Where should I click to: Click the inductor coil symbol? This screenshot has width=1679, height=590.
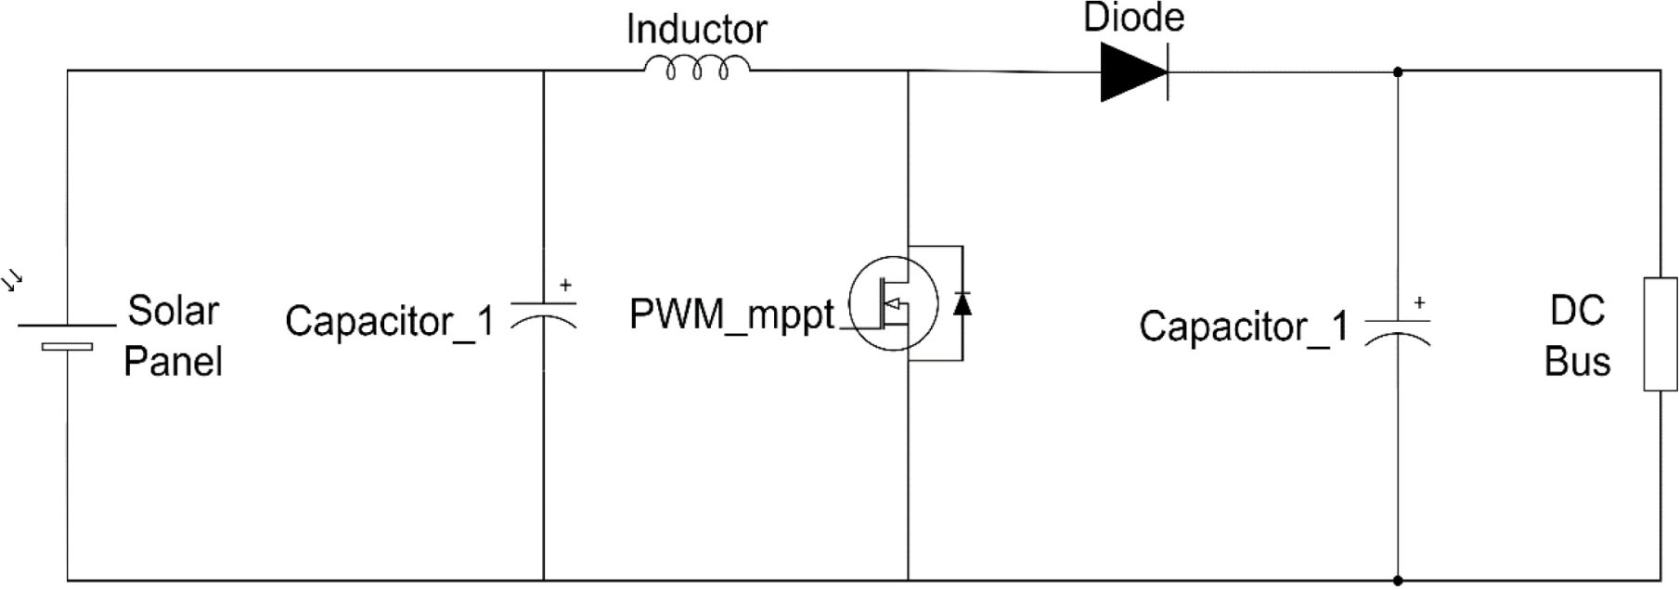click(697, 69)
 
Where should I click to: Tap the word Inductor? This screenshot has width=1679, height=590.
click(696, 30)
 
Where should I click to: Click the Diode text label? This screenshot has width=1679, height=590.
click(1133, 18)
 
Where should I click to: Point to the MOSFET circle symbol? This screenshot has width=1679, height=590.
click(894, 303)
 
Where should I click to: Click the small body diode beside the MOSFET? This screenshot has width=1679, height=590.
click(962, 303)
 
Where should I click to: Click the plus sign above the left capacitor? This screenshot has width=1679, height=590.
click(565, 286)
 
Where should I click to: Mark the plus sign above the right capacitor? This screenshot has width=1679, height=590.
click(1419, 303)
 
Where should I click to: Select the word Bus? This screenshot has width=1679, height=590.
click(1577, 361)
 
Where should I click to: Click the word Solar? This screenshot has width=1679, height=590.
click(173, 311)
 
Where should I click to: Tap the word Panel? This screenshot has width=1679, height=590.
click(173, 361)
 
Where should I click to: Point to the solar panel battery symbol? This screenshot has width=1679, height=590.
click(67, 336)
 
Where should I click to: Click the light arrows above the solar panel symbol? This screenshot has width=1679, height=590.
click(13, 281)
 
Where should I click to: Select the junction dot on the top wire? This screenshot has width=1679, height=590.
click(1398, 71)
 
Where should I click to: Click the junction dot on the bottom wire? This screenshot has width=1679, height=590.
click(1398, 581)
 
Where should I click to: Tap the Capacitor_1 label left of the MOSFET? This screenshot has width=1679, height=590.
click(389, 322)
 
